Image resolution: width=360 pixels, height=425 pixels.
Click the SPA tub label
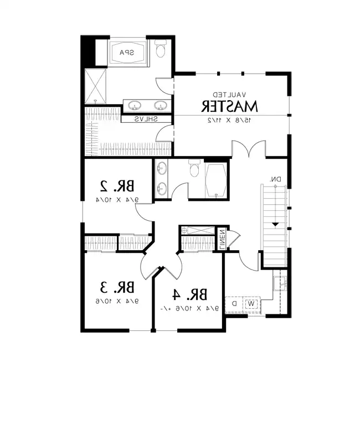(127, 53)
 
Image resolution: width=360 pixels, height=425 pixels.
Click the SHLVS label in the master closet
(146, 119)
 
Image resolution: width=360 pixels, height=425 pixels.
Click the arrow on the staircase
(275, 223)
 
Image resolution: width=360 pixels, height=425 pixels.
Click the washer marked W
(251, 303)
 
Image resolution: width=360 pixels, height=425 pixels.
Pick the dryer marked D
(234, 303)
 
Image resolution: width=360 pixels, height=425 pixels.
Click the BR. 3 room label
(117, 287)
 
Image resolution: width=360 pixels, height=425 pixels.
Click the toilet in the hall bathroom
(194, 169)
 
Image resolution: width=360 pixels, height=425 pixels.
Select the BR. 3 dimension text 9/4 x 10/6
(117, 302)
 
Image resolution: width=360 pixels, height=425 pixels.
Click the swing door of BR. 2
(143, 211)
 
